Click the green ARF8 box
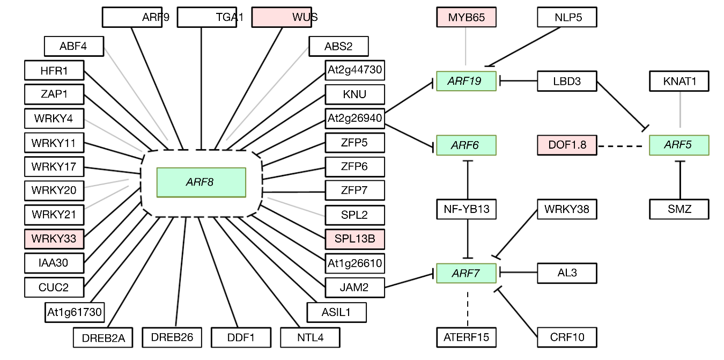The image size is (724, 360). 201,182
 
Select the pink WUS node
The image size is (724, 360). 282,17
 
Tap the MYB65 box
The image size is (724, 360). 466,17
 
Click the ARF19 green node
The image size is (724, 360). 466,81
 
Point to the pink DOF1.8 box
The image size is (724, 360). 567,145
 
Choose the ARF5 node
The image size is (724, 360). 679,145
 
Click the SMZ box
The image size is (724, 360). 679,209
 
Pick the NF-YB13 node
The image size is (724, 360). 466,209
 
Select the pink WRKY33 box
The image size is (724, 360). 54,239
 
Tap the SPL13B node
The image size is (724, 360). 355,239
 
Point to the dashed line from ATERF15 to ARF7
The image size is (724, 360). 467,309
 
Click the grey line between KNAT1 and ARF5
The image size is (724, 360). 680,109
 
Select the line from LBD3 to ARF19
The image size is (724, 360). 519,81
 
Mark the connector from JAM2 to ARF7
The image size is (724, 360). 409,281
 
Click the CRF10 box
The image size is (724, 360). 567,337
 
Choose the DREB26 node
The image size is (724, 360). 172,337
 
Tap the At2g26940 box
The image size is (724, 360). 355,119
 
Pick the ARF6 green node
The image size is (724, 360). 466,145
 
